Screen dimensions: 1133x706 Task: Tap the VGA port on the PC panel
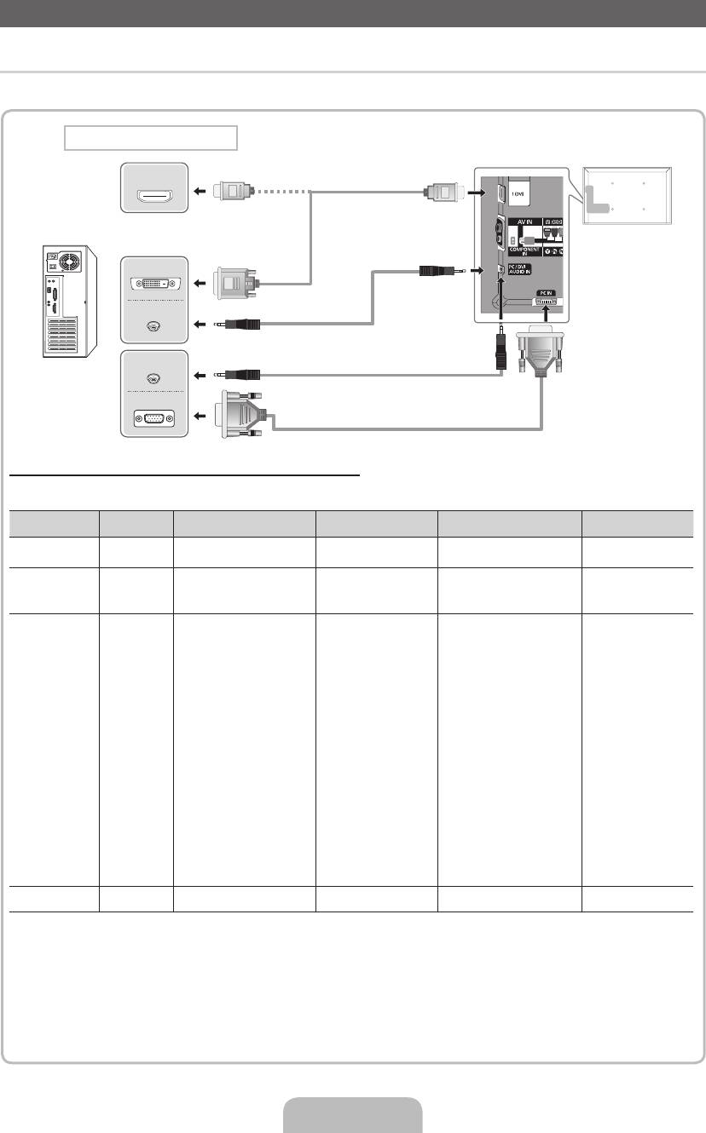click(154, 417)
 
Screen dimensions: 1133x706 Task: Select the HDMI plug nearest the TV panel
click(443, 193)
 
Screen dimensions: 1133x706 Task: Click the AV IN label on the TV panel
click(525, 221)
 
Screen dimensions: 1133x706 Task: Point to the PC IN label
click(546, 292)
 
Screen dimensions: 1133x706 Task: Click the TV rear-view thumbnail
click(628, 195)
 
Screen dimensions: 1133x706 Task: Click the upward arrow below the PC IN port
click(547, 313)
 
